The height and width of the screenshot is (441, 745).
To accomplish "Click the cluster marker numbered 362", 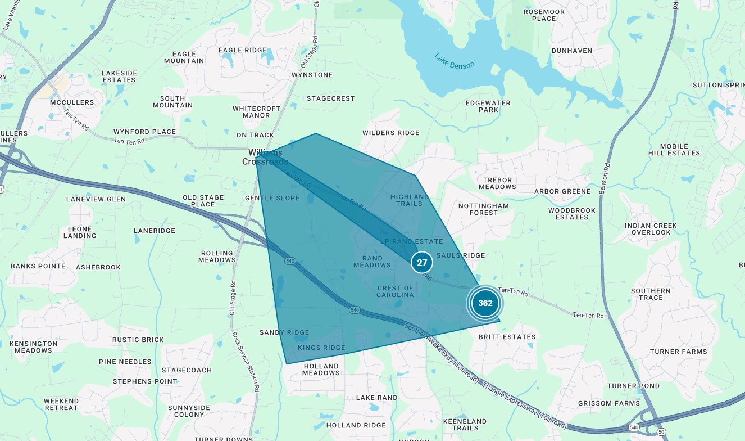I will coord(485,303).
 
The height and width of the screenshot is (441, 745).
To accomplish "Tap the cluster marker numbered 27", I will coord(422,263).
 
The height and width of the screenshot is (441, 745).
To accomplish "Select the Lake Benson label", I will coord(455,61).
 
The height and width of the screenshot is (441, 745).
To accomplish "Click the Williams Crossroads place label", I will coord(266,157).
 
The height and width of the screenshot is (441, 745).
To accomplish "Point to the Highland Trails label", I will coord(410,200).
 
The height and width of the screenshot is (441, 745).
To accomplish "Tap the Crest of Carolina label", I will coord(395,291).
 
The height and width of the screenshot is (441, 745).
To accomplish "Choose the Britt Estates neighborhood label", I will coord(507,337).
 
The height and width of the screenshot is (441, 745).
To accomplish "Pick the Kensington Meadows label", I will coord(33,346).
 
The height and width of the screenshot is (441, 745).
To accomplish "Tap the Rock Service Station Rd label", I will coord(245,361).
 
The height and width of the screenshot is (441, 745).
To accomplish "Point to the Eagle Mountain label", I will coord(184,57).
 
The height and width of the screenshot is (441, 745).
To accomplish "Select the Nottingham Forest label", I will coord(483,209).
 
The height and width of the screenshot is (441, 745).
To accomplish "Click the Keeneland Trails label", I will coord(465,424).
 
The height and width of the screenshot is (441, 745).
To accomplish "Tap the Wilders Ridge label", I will coord(390,133).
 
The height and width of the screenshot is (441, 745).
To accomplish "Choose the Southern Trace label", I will coord(651,294).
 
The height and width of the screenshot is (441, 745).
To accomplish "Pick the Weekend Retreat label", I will coord(61,404).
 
